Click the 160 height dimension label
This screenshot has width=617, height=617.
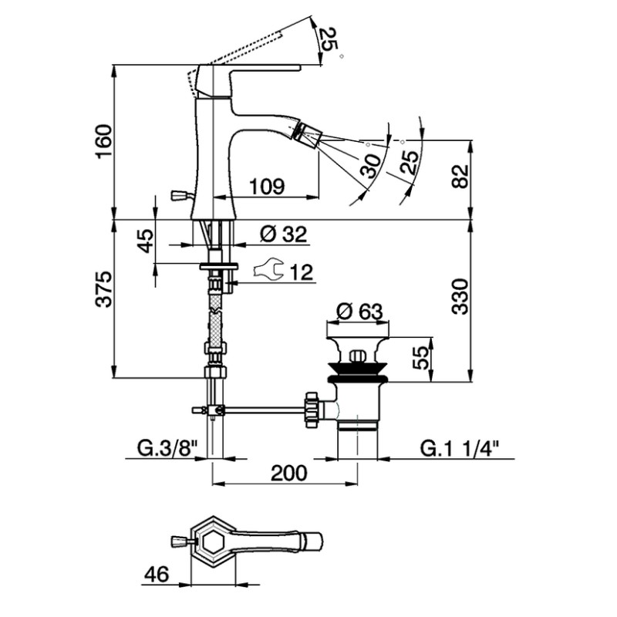pyautogui.click(x=103, y=141)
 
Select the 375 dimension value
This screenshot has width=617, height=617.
pyautogui.click(x=104, y=288)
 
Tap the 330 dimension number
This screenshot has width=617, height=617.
pyautogui.click(x=460, y=296)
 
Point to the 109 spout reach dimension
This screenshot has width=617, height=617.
pyautogui.click(x=268, y=186)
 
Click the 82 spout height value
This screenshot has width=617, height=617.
pyautogui.click(x=460, y=177)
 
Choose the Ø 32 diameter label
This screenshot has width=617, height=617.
pyautogui.click(x=283, y=234)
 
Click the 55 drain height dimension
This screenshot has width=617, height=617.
pyautogui.click(x=420, y=357)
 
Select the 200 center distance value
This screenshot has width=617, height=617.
pyautogui.click(x=288, y=473)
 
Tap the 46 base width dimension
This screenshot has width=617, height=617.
pyautogui.click(x=157, y=574)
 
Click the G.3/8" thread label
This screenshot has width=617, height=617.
pyautogui.click(x=167, y=448)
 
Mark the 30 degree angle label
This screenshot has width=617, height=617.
pyautogui.click(x=370, y=166)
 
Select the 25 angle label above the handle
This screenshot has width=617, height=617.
pyautogui.click(x=327, y=39)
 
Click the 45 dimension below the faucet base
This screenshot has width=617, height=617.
pyautogui.click(x=145, y=241)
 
